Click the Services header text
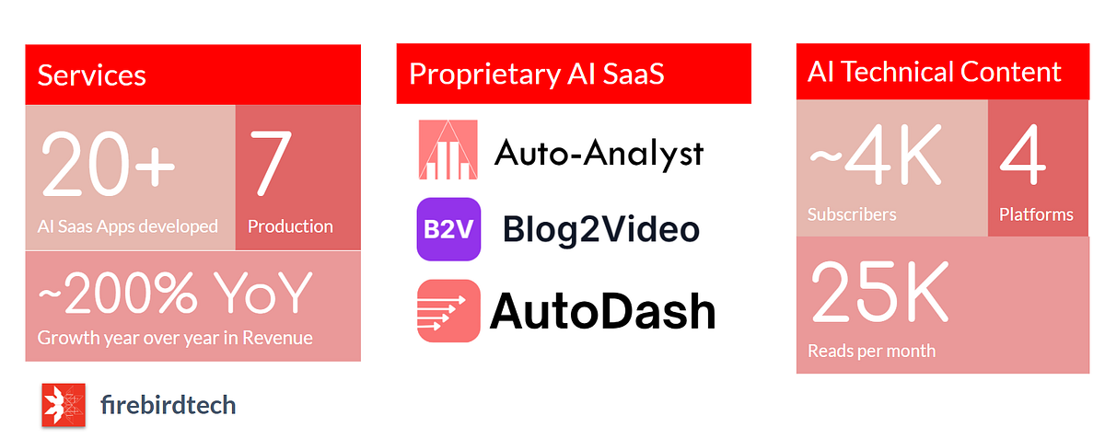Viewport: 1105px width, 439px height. [91, 75]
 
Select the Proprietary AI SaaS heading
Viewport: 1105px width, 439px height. [536, 75]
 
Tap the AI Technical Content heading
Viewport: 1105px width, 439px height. [935, 72]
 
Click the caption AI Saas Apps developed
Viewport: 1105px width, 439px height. [128, 226]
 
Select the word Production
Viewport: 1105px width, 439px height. [290, 226]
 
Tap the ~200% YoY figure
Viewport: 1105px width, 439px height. [176, 293]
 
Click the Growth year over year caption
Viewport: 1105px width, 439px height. [175, 338]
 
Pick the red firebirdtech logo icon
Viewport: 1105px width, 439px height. [64, 405]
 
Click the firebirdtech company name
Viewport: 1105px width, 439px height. [168, 405]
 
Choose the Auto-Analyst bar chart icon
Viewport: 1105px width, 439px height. [448, 149]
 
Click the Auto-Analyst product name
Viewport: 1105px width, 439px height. [599, 152]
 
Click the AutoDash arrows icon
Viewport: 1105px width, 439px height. [448, 310]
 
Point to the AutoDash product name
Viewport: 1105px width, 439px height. [602, 311]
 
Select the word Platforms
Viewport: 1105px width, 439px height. [1036, 215]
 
